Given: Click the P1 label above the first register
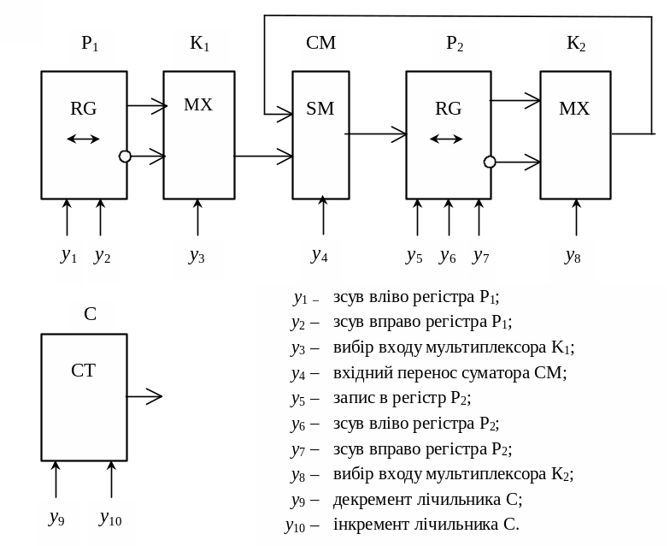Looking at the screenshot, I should click(91, 44).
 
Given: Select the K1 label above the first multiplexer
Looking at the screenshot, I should click(199, 44).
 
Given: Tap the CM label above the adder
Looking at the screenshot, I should click(320, 43).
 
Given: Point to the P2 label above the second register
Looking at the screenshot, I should click(455, 44).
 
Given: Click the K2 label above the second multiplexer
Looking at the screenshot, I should click(576, 43).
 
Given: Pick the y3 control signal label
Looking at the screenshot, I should click(197, 256).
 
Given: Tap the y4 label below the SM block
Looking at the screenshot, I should click(320, 255).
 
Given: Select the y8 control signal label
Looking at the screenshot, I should click(573, 255).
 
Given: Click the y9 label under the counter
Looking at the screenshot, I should click(57, 519).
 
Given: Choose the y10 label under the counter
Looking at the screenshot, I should click(111, 519).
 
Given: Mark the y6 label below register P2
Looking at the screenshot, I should click(447, 256).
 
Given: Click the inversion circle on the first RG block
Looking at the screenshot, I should click(126, 156).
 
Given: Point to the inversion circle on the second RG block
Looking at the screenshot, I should click(490, 162).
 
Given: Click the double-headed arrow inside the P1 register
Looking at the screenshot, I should click(83, 139).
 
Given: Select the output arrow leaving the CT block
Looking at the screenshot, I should click(144, 395).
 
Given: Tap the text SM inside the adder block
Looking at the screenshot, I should click(320, 109).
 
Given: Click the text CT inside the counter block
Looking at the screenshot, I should click(83, 371).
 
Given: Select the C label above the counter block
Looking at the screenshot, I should click(91, 314).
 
